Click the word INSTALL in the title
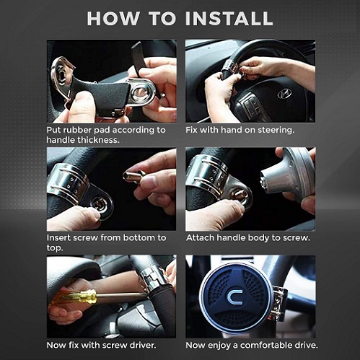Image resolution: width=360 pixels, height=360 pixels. (229, 19)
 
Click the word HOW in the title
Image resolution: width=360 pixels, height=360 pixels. (113, 19)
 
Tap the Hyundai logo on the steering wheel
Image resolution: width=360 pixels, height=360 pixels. (284, 93)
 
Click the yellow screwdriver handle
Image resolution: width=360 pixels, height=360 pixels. (73, 297)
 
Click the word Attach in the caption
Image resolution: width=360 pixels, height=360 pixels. (200, 238)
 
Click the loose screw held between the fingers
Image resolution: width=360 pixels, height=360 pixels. (133, 176)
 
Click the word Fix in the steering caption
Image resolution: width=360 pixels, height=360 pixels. (192, 130)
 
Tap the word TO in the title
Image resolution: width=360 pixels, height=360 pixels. (162, 19)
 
